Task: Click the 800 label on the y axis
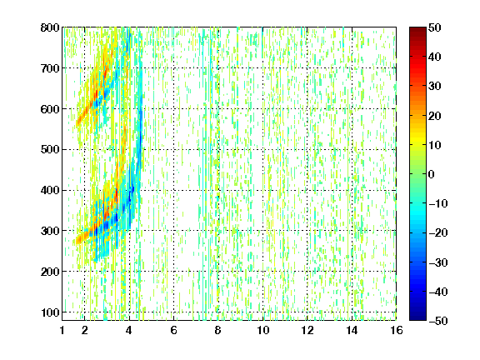(x=50, y=27)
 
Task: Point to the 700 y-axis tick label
(x=50, y=68)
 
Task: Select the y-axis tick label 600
(x=50, y=109)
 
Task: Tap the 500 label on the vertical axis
(x=50, y=150)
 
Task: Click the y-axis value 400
(x=50, y=190)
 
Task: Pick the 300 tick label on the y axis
(x=50, y=231)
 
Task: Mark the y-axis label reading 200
(x=50, y=272)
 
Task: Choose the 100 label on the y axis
(x=50, y=312)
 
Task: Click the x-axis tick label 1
(x=62, y=330)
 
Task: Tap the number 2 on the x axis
(x=84, y=330)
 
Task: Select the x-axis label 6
(x=173, y=330)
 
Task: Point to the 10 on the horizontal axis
(x=263, y=330)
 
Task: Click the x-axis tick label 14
(x=352, y=330)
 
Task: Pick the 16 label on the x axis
(x=397, y=330)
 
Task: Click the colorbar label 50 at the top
(x=435, y=27)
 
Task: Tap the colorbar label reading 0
(x=431, y=174)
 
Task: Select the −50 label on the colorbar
(x=438, y=321)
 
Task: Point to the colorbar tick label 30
(x=435, y=87)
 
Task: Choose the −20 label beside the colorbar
(x=438, y=232)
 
